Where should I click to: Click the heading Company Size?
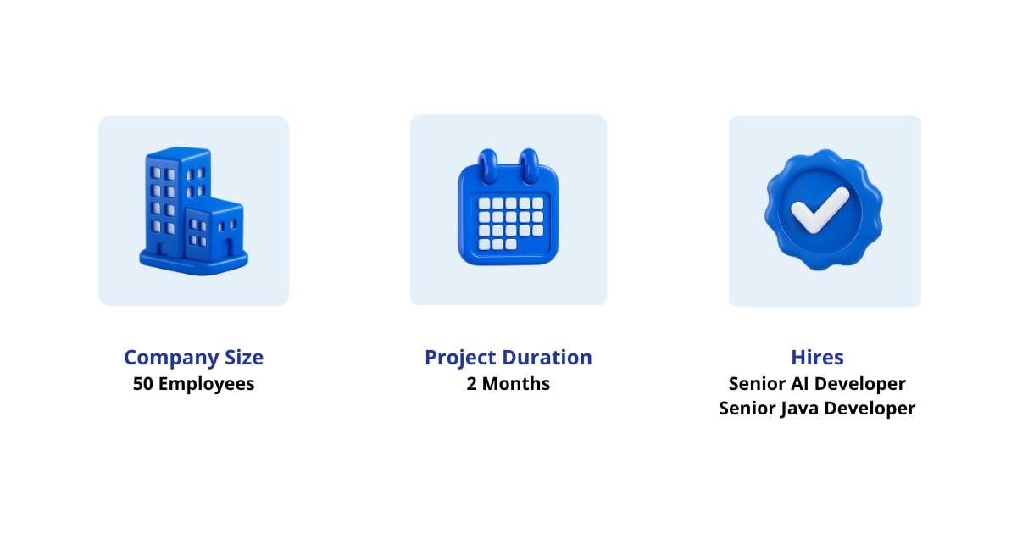coord(193,357)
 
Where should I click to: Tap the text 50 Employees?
coord(193,383)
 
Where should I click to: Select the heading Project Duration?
coord(508,357)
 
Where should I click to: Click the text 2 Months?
coord(508,383)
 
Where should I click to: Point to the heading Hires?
coord(817,357)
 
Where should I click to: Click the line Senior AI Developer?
coord(817,383)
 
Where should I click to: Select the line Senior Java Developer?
coord(817,409)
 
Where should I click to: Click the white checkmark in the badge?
coord(819,209)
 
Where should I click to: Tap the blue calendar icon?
coord(508,216)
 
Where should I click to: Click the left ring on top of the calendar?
coord(487,164)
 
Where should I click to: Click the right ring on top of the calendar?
coord(530,164)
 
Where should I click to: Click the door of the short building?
coord(227,248)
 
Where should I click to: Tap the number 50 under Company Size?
coord(143,383)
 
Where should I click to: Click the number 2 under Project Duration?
coord(472,383)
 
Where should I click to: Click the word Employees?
coord(206,383)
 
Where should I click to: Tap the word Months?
coord(516,383)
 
